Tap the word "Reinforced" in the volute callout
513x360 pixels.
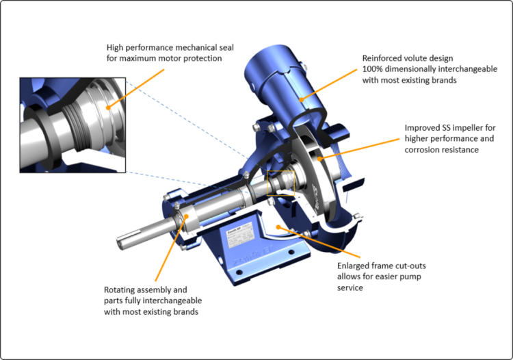[384, 59]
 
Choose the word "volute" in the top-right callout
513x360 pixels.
[419, 59]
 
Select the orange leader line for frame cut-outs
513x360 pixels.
[308, 242]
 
